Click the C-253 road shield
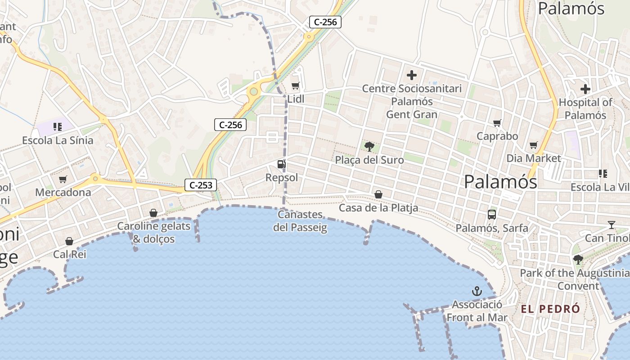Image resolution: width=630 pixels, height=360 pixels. point(201,184)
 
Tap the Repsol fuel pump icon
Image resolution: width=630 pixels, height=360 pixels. point(281,164)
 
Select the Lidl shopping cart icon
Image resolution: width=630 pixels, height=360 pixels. point(295,85)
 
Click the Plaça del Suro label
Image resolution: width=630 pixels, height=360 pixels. point(369,160)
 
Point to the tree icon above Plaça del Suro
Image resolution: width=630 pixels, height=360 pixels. point(369,146)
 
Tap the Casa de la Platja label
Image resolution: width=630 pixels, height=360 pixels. point(378,208)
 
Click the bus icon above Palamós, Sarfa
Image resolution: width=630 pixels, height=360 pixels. point(492,215)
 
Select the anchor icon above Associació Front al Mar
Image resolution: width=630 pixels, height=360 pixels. point(477,291)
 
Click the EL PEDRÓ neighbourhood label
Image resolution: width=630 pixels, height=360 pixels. point(550,309)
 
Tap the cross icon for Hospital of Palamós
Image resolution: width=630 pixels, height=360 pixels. point(585,89)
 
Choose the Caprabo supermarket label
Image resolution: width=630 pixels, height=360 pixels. point(497,136)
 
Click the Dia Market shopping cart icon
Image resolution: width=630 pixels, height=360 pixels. point(534,145)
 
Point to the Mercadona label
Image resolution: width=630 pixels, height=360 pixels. point(63,193)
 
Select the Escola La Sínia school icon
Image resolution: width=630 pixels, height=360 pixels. point(57,127)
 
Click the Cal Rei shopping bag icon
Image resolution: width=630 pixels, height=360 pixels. point(69,242)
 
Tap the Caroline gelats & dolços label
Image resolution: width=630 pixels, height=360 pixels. point(153,232)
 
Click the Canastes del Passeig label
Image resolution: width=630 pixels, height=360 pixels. point(300,221)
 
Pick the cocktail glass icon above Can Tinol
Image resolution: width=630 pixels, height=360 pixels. point(611,225)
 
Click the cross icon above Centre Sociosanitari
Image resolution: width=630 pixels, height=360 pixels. point(411,75)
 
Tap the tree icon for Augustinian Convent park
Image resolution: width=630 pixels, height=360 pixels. point(578,260)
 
